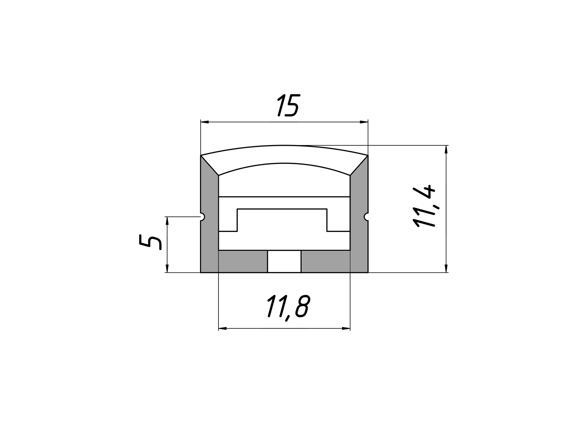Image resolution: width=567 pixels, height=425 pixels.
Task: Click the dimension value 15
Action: point(288,105)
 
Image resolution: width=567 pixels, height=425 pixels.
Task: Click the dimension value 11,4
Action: point(424,206)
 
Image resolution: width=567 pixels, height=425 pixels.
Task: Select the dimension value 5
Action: point(150,242)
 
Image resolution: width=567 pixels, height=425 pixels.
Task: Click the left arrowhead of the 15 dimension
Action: point(204,122)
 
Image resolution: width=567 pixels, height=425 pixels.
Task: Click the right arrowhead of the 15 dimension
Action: point(364,122)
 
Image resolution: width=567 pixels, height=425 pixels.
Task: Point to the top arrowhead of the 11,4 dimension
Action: point(446,149)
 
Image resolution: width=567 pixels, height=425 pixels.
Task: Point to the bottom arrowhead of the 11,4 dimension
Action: point(446,268)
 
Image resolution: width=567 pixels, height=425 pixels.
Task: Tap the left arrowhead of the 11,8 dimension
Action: point(223,329)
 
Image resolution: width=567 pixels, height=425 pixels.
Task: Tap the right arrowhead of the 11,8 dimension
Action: point(346,329)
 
